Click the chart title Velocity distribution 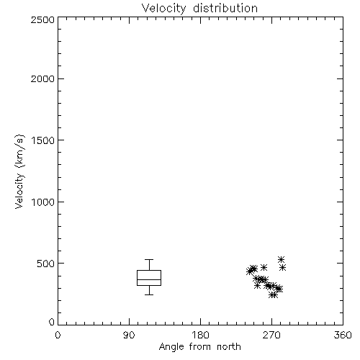pos(199,8)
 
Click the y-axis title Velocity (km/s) pos(19,171)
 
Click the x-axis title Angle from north pos(199,346)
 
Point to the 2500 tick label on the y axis pos(42,19)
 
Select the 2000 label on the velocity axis pos(42,78)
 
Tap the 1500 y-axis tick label pos(43,140)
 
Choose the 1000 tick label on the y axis pos(43,202)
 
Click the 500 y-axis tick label pos(46,264)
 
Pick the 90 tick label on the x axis pos(129,335)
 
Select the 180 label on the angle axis pos(200,335)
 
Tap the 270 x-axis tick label pos(271,335)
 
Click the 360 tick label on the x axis pos(343,335)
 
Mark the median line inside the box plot pos(149,279)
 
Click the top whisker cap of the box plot pos(149,259)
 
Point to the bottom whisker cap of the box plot pos(149,294)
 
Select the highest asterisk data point pos(281,259)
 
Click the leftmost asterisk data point pos(250,271)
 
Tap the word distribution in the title pos(225,8)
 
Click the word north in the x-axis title pos(229,346)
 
